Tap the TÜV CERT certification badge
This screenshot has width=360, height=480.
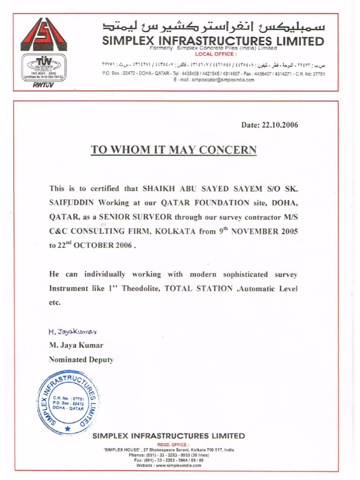(44, 68)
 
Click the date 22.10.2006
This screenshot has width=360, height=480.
(269, 125)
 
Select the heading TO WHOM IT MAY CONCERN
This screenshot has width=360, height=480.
(173, 150)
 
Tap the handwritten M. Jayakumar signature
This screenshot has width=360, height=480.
(73, 332)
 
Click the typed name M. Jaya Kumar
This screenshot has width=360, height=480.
(76, 345)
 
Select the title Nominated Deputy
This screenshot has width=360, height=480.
(81, 360)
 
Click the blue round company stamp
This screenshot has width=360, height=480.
(68, 404)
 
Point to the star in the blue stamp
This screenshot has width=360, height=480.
(67, 428)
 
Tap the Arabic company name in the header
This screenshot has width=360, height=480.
(213, 26)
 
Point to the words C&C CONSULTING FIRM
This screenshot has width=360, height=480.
(100, 232)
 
